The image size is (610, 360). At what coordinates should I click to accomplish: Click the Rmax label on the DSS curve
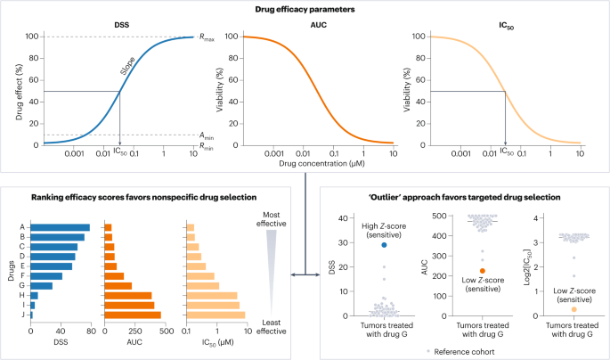tap(208, 37)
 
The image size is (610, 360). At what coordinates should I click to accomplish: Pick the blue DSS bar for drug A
tap(61, 227)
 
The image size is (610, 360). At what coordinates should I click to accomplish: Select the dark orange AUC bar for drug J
tap(133, 315)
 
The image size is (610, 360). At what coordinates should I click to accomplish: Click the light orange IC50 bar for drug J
tap(215, 315)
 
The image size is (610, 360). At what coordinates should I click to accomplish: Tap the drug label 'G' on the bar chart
tap(20, 285)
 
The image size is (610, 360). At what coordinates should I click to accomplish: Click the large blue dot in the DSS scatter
tap(384, 244)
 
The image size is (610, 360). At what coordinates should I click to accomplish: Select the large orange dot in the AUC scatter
tap(482, 270)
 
